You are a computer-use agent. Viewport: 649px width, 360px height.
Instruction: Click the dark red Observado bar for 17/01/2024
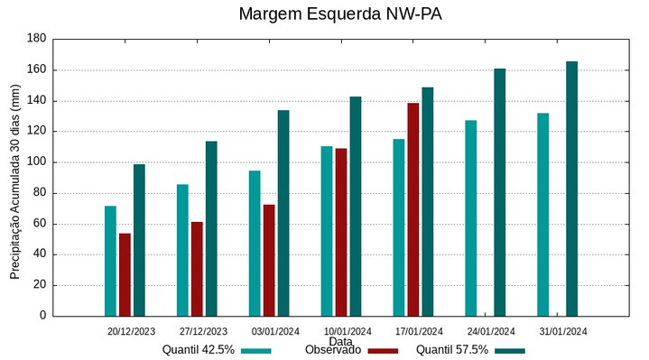point(413,209)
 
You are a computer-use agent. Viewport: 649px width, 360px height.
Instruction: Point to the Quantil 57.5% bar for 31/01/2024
point(571,189)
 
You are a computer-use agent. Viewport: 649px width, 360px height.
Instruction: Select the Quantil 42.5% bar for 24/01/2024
point(470,217)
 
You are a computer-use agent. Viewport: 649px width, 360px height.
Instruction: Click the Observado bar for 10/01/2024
point(341,232)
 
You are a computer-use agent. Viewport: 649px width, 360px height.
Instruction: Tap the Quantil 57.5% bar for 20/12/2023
point(139,240)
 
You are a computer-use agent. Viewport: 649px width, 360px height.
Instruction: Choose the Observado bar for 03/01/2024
point(269,260)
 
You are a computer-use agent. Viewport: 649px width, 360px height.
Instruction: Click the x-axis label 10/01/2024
point(348,331)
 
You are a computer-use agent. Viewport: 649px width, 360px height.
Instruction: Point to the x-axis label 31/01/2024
point(563,331)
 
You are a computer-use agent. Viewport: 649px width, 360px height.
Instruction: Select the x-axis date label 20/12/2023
point(131,331)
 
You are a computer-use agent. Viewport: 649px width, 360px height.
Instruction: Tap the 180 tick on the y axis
point(36,39)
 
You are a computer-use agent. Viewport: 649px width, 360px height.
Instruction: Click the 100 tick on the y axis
point(36,162)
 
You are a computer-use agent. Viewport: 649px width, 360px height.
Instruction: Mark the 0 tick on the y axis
point(42,316)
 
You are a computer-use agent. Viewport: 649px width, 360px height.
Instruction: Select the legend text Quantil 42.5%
point(199,350)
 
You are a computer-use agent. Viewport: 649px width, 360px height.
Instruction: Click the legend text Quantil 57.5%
point(452,350)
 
